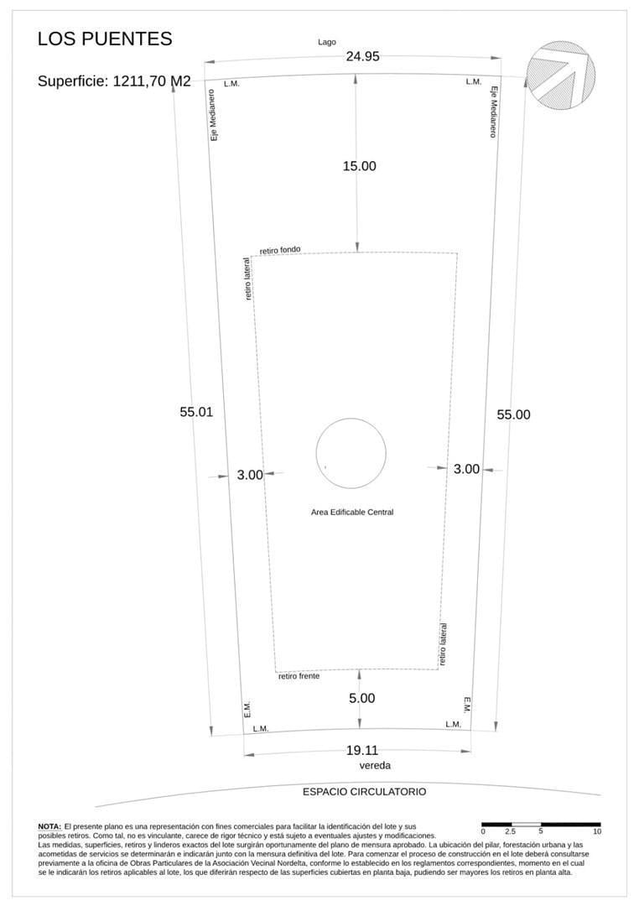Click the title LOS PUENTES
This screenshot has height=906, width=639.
(x=105, y=39)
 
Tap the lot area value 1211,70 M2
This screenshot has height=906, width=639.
(x=152, y=81)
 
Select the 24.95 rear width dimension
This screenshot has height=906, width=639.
(x=363, y=56)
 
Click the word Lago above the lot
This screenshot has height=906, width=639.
(x=327, y=42)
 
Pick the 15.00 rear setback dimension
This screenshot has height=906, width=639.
(x=360, y=166)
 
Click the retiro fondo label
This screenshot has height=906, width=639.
(x=280, y=250)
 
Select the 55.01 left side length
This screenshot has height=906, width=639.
(x=196, y=412)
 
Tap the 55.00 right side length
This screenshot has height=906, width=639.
(x=513, y=414)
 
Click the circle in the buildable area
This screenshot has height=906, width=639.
(x=351, y=419)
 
